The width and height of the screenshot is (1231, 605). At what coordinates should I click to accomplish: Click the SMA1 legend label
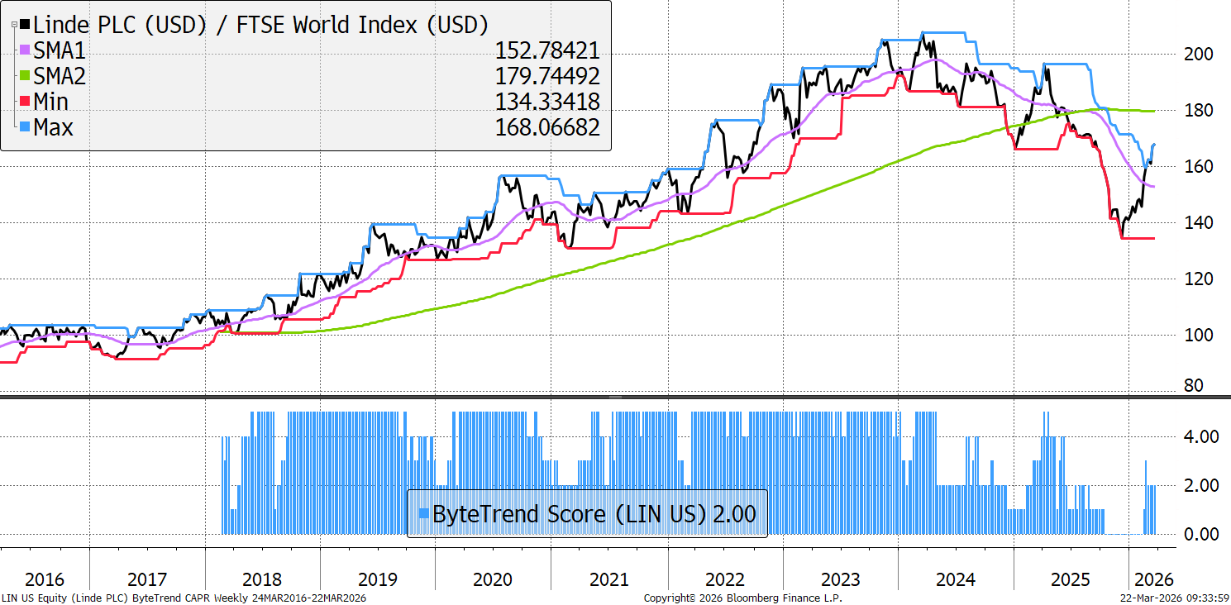[x=59, y=50]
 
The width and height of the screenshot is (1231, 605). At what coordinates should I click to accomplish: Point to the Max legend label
[x=53, y=127]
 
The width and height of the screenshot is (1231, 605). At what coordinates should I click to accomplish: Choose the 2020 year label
[x=493, y=579]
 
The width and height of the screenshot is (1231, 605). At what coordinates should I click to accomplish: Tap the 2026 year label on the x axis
[x=1152, y=579]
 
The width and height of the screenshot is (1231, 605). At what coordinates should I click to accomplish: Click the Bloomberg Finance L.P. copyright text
[x=742, y=598]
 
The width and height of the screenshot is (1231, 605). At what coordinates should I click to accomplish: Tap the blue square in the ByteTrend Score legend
[x=423, y=513]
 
